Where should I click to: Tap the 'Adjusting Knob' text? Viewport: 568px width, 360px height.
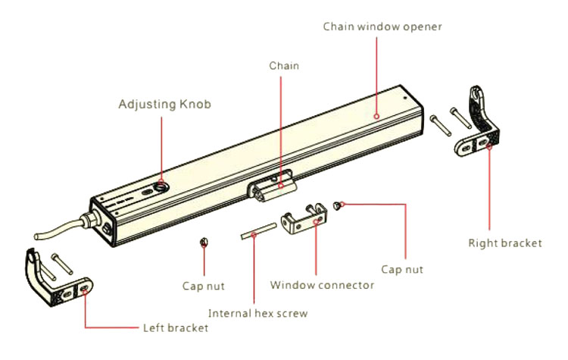coord(164,103)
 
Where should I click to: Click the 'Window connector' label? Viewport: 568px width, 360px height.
coord(322,285)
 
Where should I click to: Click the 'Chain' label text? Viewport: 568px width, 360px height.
coord(284,66)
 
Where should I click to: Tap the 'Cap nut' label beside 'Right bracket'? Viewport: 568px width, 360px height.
coord(402,269)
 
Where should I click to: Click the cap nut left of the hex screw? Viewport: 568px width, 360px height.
coord(203,243)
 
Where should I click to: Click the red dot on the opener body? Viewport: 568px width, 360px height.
coord(376,116)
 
